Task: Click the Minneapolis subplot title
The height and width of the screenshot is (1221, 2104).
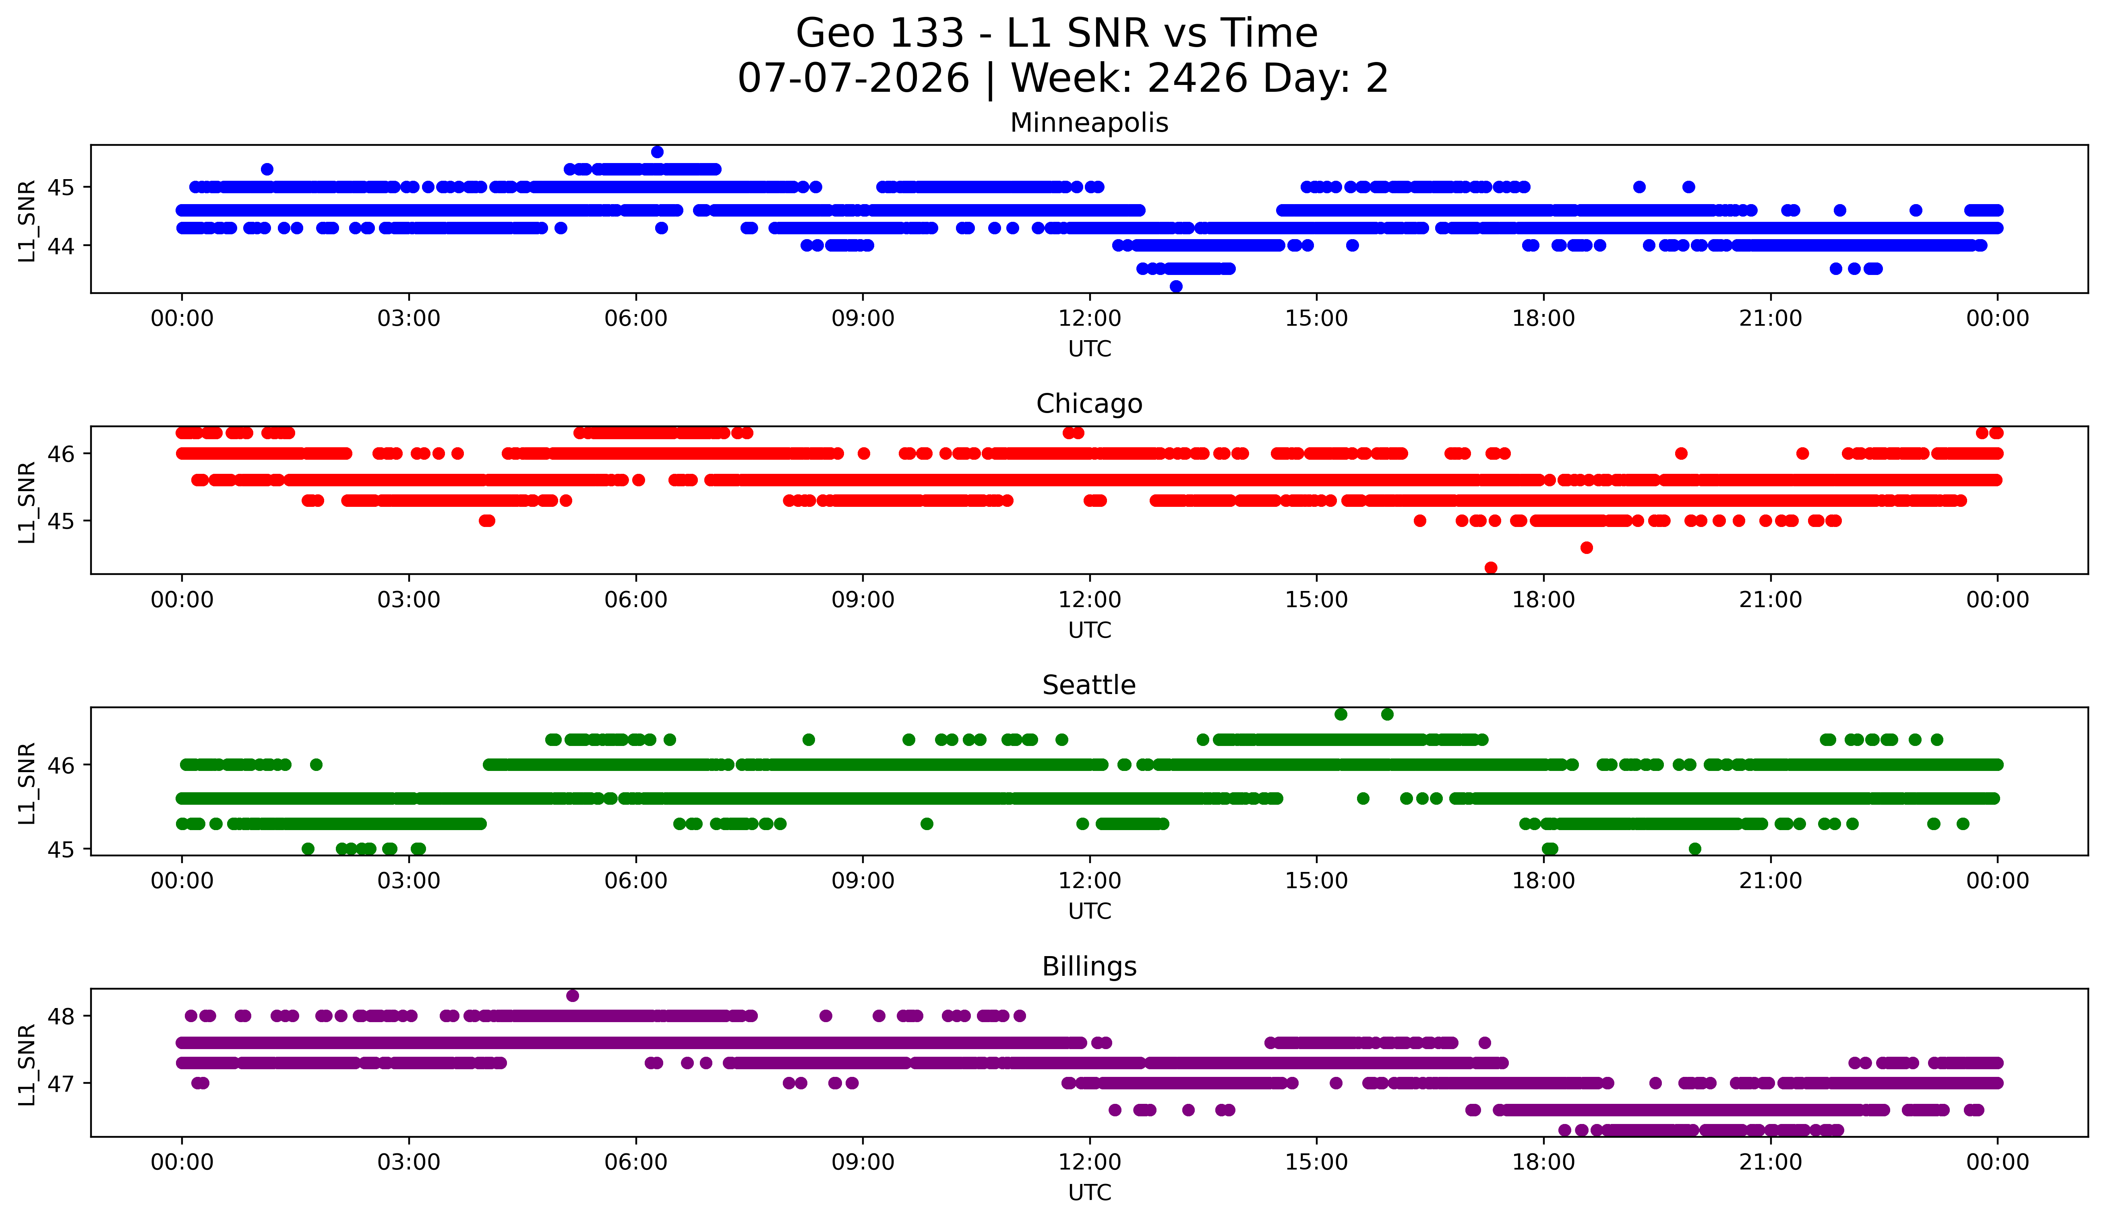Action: coord(1089,123)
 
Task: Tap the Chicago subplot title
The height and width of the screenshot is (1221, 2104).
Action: coord(1089,404)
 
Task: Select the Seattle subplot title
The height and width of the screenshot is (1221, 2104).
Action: coord(1089,685)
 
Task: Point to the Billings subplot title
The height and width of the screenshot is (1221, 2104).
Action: coord(1089,967)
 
